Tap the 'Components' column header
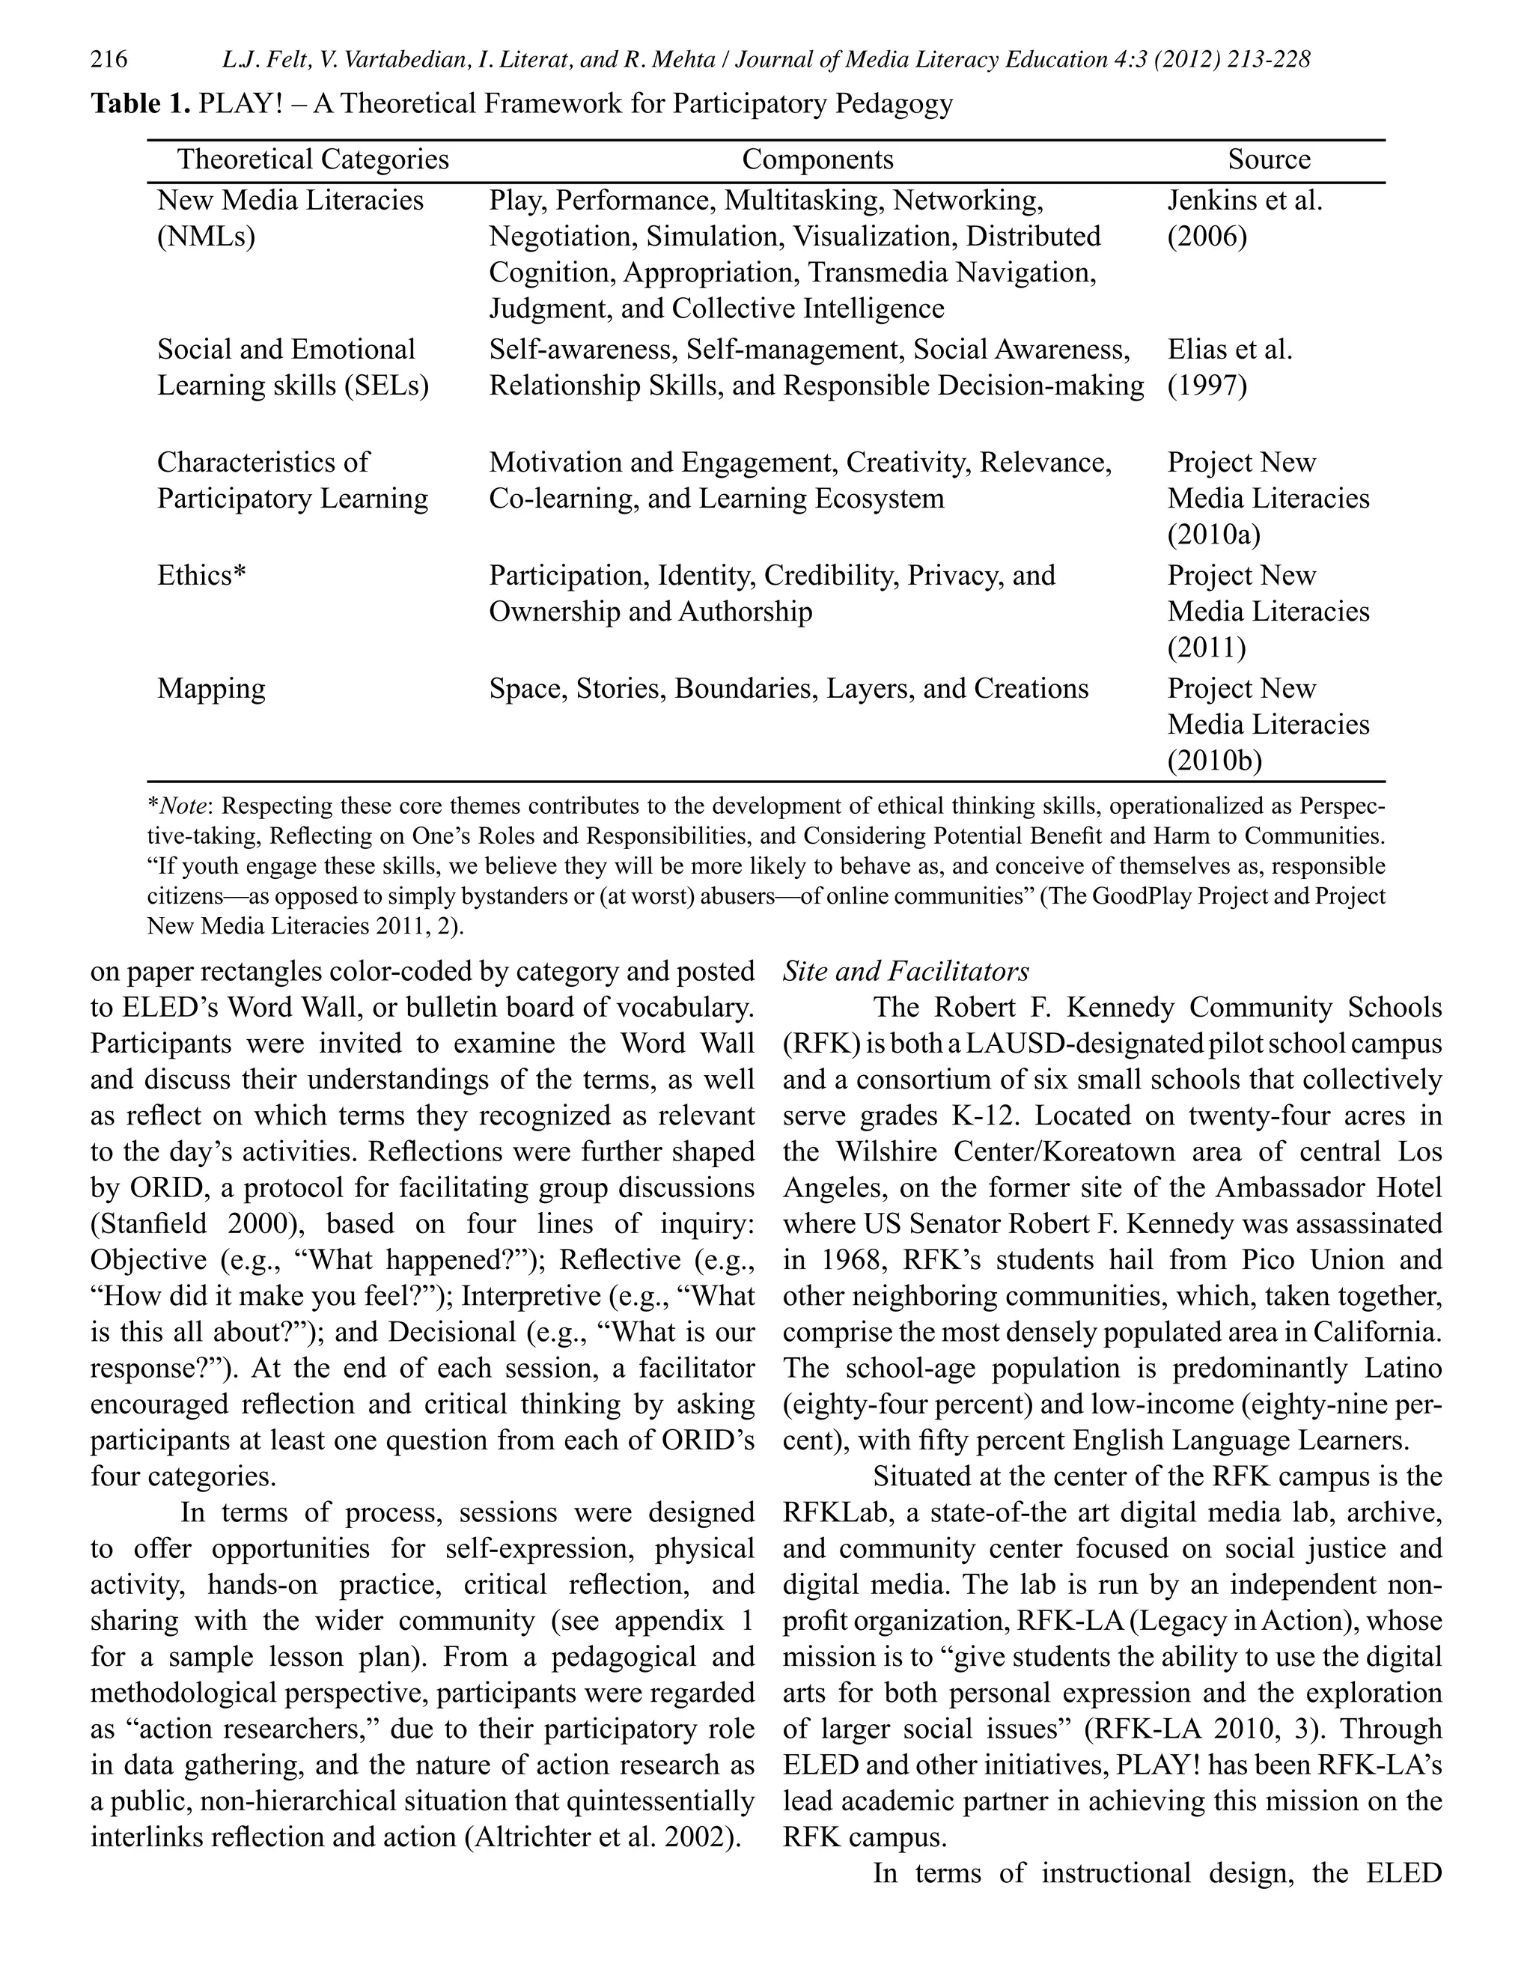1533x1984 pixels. click(x=817, y=160)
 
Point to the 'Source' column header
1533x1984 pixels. click(x=1268, y=160)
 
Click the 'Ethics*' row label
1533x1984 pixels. click(x=201, y=576)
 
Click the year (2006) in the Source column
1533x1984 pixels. click(x=1207, y=237)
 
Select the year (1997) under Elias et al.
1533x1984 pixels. click(x=1207, y=386)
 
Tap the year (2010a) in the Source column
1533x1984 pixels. click(x=1213, y=535)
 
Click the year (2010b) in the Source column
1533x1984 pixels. click(x=1214, y=761)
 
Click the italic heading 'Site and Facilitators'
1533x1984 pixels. click(x=906, y=972)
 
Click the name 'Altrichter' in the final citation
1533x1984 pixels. click(x=536, y=1838)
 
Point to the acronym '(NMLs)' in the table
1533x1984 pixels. click(x=206, y=237)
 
